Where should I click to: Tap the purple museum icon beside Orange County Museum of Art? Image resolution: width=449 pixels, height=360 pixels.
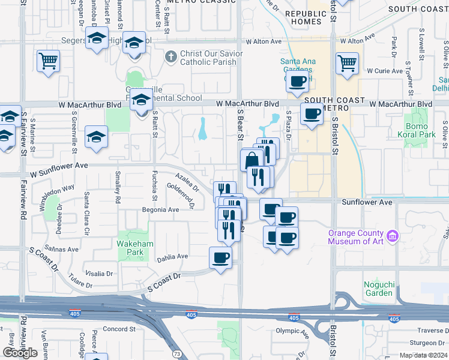pos(393,236)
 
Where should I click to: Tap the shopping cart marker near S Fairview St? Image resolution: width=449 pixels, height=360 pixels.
pos(48,61)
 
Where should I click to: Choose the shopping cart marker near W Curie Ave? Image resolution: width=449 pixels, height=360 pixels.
pos(348,63)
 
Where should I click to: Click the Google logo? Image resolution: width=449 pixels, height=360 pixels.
pos(20,352)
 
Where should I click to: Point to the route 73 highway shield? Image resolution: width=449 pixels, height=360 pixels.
pos(176,355)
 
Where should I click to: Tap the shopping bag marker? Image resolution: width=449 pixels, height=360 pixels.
pos(250,160)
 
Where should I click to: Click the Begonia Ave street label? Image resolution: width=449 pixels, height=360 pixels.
pos(160,210)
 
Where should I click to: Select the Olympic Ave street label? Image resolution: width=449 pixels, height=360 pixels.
pos(291,331)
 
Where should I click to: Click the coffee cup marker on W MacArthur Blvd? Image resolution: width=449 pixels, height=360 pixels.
pos(311,113)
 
